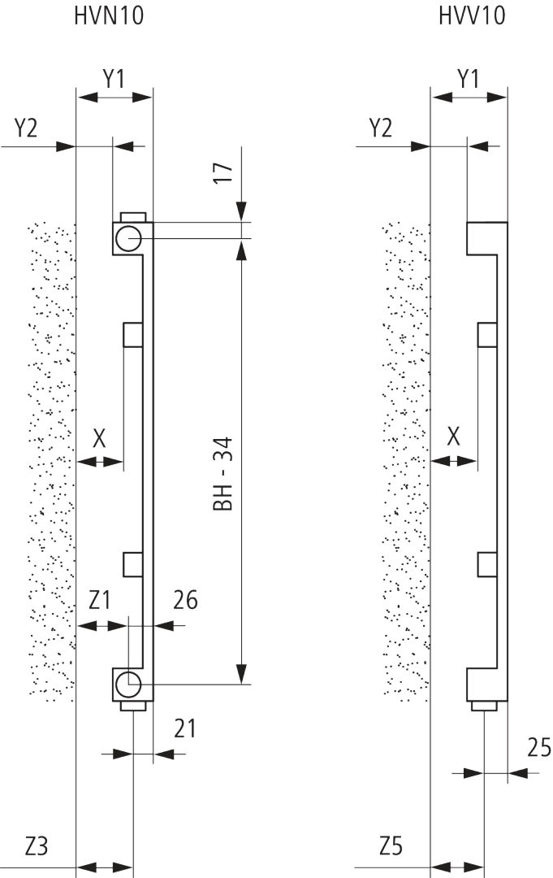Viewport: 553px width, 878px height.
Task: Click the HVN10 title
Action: (x=109, y=15)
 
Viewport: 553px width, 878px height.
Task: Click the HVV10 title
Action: (x=471, y=15)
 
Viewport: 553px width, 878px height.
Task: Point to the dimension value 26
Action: (x=185, y=601)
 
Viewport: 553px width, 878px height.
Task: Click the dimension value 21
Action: (x=185, y=728)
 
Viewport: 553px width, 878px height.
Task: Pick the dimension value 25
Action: (x=538, y=747)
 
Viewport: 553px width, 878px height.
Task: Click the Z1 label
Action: (x=100, y=601)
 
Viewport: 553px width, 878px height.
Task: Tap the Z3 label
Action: (x=37, y=846)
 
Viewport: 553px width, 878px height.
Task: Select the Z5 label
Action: (x=391, y=846)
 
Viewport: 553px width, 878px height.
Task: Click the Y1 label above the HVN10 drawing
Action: (x=114, y=79)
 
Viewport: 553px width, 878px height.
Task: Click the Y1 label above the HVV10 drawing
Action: (x=468, y=79)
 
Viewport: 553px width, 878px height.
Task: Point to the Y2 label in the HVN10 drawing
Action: (x=25, y=128)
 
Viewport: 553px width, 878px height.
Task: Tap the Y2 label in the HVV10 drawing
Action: (x=380, y=128)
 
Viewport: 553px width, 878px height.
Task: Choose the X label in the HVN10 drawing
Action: (x=99, y=439)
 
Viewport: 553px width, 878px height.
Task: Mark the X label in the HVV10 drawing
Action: (x=454, y=439)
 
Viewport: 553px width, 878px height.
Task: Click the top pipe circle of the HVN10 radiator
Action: (x=127, y=238)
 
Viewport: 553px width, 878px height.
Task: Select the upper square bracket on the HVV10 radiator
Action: (x=487, y=334)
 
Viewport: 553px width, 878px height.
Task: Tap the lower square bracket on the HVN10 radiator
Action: (x=132, y=563)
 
